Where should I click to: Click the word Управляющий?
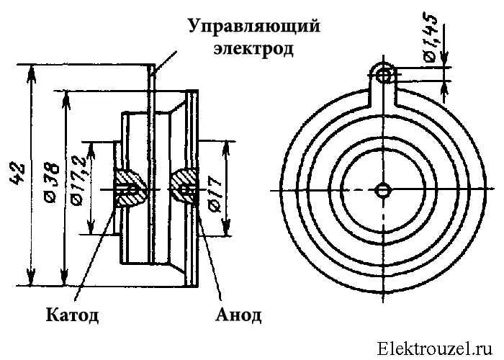(x=253, y=27)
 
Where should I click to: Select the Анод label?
(x=238, y=315)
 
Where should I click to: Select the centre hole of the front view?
(x=383, y=189)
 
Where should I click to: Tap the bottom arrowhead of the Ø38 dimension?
(x=64, y=283)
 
